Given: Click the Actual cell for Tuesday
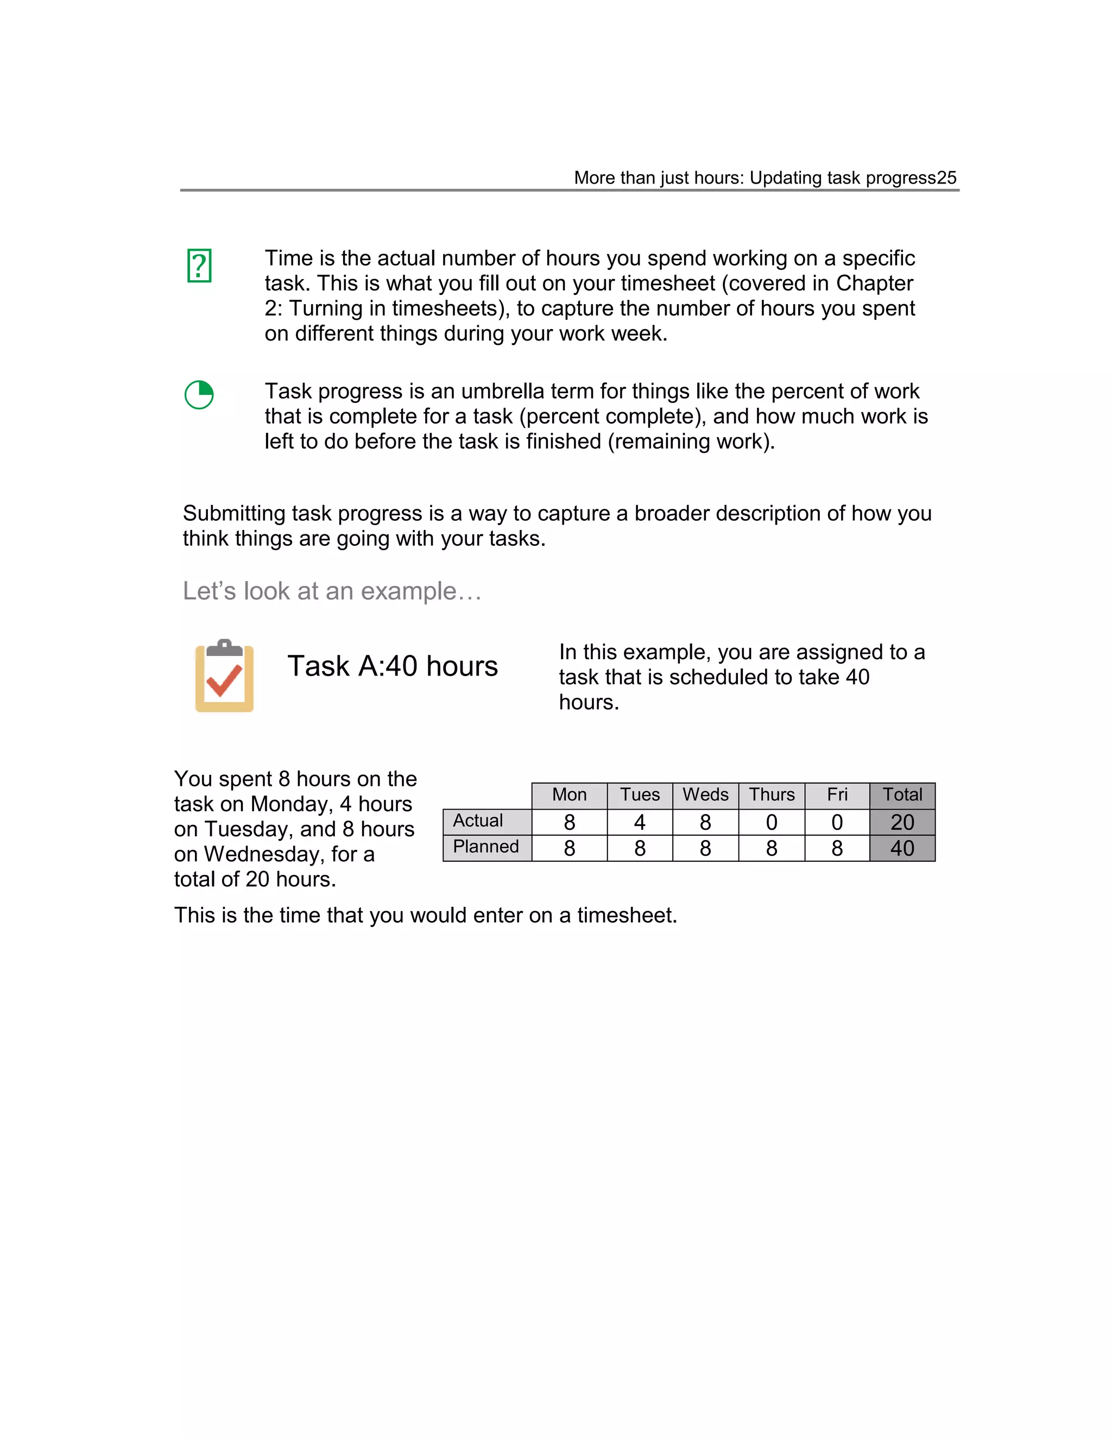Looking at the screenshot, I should (639, 822).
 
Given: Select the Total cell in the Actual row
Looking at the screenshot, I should (902, 822).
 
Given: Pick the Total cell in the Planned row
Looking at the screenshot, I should (902, 848).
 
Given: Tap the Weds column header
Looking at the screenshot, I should (705, 794).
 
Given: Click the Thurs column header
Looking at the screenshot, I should (772, 794).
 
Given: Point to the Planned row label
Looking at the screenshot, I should (486, 847).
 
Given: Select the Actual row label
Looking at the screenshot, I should (478, 821).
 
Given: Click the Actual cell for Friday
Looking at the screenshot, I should (837, 822).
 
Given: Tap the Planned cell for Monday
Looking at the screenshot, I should (569, 848).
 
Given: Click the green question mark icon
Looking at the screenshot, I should (199, 266).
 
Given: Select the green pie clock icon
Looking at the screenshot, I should (199, 395).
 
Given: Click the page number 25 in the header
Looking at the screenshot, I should (946, 178).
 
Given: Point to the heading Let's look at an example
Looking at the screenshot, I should (331, 591).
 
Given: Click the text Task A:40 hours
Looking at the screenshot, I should (392, 666).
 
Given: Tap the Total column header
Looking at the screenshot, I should (902, 794).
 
